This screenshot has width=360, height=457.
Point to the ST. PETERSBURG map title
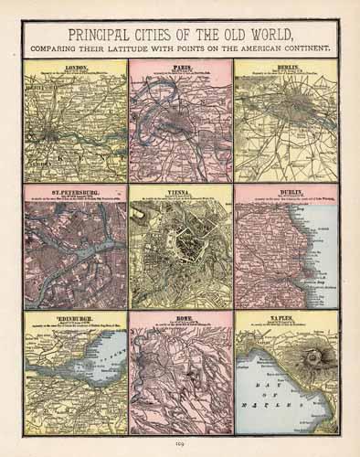pyautogui.click(x=75, y=193)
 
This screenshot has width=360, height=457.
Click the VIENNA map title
pyautogui.click(x=179, y=193)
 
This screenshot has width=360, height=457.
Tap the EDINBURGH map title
pyautogui.click(x=75, y=320)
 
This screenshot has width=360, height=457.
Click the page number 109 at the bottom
pyautogui.click(x=180, y=446)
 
